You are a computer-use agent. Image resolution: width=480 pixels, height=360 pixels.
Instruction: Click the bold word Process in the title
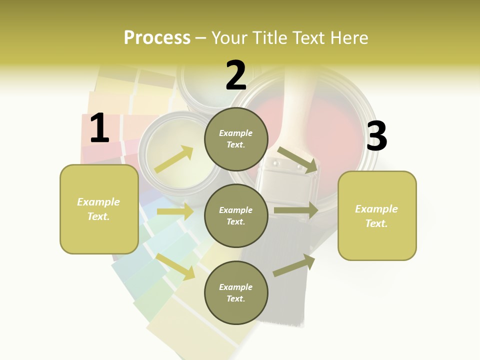pyautogui.click(x=157, y=37)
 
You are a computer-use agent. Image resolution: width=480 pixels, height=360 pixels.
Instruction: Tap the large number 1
pyautogui.click(x=99, y=128)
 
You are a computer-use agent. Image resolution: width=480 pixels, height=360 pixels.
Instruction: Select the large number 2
pyautogui.click(x=236, y=75)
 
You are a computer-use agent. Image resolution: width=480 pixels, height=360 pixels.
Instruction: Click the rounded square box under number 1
pyautogui.click(x=99, y=209)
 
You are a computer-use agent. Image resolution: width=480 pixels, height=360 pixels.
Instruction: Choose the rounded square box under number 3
pyautogui.click(x=377, y=216)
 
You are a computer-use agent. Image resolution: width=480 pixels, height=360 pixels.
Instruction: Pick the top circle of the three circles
pyautogui.click(x=236, y=138)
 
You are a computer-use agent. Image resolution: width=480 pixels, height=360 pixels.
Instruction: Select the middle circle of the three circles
pyautogui.click(x=236, y=215)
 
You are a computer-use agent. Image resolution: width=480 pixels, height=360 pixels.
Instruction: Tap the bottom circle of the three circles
pyautogui.click(x=236, y=292)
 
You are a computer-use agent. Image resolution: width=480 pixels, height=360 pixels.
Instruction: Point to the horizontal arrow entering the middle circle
pyautogui.click(x=175, y=211)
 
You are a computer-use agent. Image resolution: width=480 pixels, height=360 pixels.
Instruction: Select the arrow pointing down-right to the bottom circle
pyautogui.click(x=175, y=266)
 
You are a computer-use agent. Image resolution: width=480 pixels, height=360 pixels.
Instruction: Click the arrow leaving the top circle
pyautogui.click(x=297, y=159)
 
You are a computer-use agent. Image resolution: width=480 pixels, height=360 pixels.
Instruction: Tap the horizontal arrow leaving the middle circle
pyautogui.click(x=296, y=210)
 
